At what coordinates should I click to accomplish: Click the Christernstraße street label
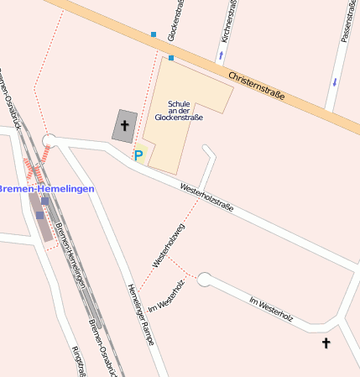click(257, 84)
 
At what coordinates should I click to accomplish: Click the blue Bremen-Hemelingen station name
click(46, 189)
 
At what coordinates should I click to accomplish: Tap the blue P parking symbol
click(138, 155)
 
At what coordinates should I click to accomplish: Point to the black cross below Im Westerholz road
click(326, 343)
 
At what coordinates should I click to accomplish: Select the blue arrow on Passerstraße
click(335, 82)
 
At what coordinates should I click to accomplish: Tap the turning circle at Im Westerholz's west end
click(204, 280)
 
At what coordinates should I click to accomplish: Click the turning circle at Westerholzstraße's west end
click(49, 140)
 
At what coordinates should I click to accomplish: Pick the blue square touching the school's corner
click(171, 58)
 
